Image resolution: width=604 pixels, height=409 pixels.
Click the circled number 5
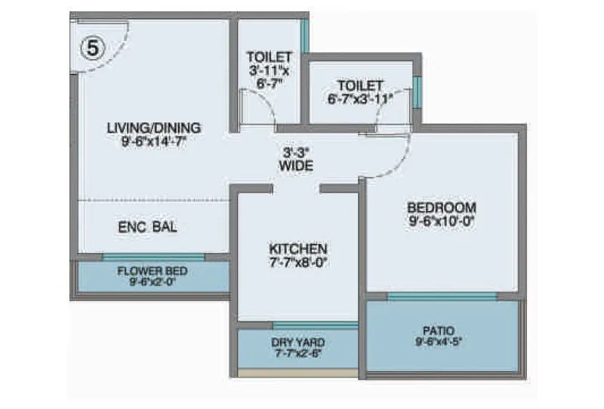[x=91, y=48]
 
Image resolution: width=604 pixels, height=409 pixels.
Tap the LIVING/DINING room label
[x=153, y=126]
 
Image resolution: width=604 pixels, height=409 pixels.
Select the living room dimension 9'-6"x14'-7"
[x=153, y=141]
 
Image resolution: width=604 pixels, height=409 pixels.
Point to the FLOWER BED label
[x=153, y=271]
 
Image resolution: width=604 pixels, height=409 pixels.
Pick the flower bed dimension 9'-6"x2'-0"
[x=153, y=283]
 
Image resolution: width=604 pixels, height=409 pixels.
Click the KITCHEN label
[x=298, y=248]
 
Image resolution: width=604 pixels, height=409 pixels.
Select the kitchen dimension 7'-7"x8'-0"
[x=298, y=262]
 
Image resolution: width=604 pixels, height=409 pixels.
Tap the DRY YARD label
[x=298, y=342]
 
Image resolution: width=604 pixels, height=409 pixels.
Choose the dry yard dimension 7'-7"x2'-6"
[x=298, y=353]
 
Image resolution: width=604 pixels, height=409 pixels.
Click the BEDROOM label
[x=442, y=208]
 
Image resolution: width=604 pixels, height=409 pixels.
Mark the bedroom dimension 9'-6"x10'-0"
[x=442, y=222]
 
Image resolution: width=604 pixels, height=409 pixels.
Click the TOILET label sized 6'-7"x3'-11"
[x=360, y=91]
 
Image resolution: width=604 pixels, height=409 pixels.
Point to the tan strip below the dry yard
[x=297, y=373]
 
